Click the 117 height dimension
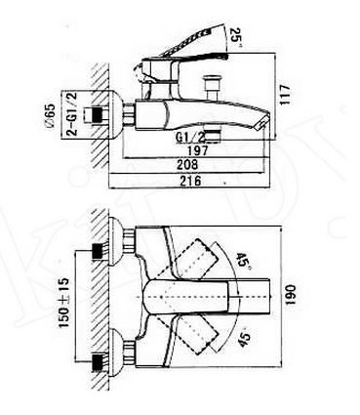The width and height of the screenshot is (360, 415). [285, 95]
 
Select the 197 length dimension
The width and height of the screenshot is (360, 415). [198, 150]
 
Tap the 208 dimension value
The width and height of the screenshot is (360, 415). [187, 164]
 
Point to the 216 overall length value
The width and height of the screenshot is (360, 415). [190, 181]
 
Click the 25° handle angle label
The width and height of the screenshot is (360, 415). [236, 35]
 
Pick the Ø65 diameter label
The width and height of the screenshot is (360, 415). [51, 116]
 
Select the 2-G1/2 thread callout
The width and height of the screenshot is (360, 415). [71, 114]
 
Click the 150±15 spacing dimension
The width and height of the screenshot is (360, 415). [63, 303]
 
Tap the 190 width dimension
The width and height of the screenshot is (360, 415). [290, 296]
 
